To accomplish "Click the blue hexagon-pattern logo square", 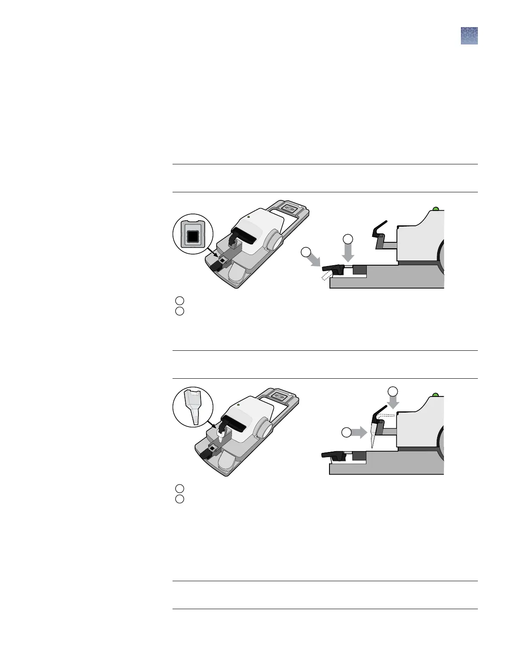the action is coord(469,36).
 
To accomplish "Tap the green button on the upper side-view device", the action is coord(435,209).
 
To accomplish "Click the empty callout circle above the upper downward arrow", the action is coord(348,238).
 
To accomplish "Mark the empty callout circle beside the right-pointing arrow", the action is coord(347,433).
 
